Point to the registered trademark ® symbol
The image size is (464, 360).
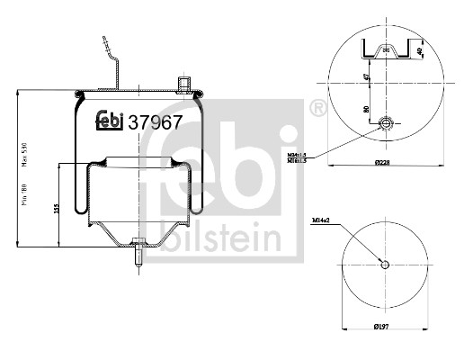[x=316, y=109]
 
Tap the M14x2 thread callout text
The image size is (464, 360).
[x=322, y=220]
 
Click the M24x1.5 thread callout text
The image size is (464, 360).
[x=323, y=155]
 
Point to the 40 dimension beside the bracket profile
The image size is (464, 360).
[x=421, y=50]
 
